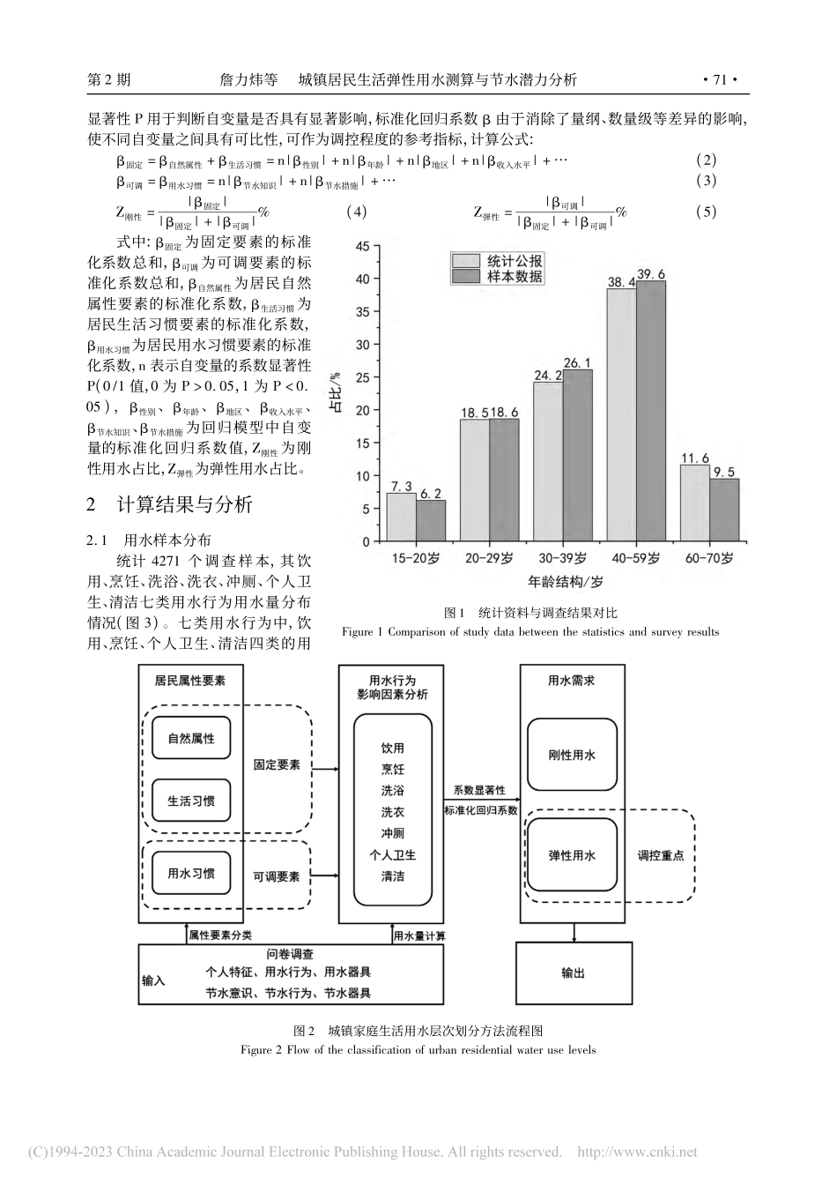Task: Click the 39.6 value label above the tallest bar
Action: coord(651,273)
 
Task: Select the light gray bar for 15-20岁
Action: coord(402,516)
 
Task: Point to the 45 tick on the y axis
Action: coord(363,247)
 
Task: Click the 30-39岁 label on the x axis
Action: coord(563,559)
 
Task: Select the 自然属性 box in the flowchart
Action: coord(191,738)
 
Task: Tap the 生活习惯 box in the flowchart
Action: coord(191,801)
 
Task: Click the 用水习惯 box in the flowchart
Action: coord(191,874)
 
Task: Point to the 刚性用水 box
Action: coord(572,755)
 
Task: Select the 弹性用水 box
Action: coord(572,855)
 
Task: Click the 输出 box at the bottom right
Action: coord(573,973)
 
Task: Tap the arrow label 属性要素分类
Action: coord(220,935)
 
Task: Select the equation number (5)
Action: coord(706,212)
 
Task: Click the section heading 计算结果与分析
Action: coord(185,504)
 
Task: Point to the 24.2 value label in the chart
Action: coord(548,375)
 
